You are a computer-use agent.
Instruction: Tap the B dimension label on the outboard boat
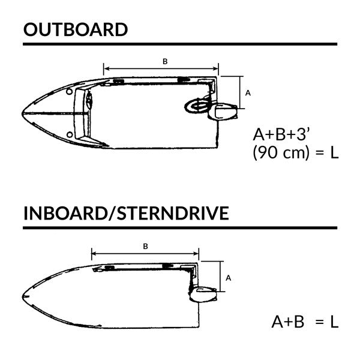[165, 61]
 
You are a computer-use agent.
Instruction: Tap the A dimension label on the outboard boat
[248, 93]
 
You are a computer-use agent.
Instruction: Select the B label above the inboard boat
[146, 246]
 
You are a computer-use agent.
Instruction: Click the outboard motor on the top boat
[226, 112]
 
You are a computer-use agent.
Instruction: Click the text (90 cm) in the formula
[279, 152]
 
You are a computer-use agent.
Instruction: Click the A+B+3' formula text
[286, 133]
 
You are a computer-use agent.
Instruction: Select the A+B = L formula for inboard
[305, 322]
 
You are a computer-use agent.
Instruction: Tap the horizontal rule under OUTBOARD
[180, 44]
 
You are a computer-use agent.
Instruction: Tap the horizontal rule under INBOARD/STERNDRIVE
[180, 229]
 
